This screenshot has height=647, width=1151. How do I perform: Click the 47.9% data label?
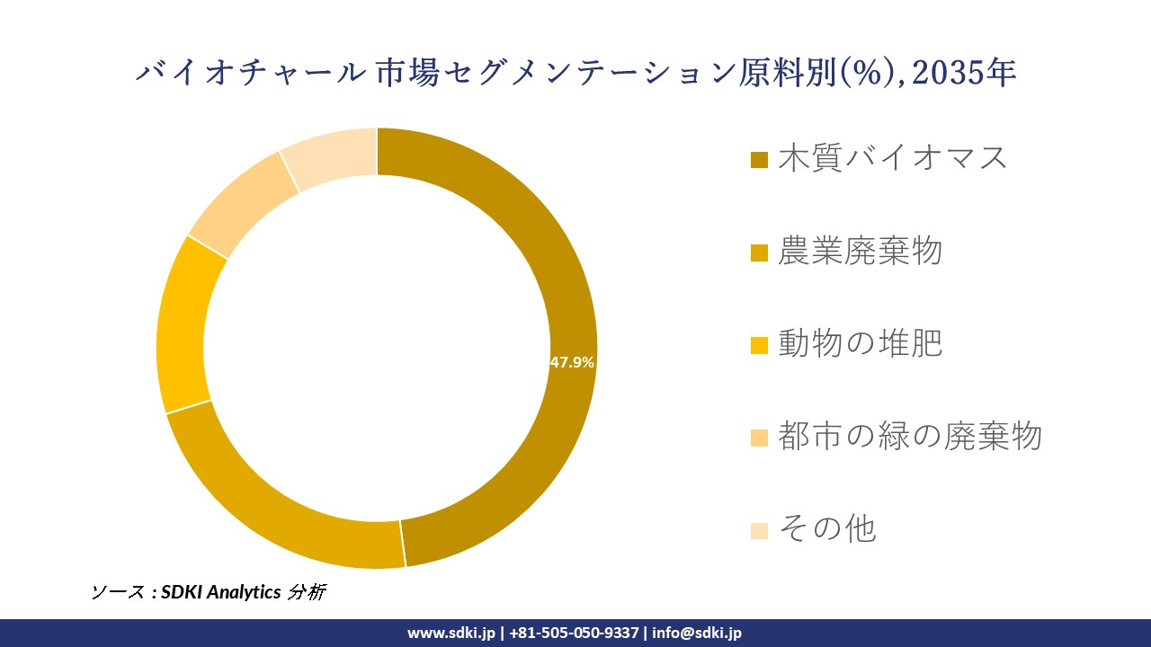click(x=572, y=362)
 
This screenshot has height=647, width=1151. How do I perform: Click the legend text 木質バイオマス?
click(x=893, y=158)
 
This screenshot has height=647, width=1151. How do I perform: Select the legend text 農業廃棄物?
click(x=860, y=252)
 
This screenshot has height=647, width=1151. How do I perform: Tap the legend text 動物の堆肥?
click(x=860, y=343)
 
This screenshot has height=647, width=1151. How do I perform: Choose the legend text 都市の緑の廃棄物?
click(x=909, y=436)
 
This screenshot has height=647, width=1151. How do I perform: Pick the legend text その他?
click(x=826, y=528)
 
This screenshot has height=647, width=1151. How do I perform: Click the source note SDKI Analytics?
click(x=220, y=591)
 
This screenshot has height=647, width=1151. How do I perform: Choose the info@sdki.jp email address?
click(x=697, y=633)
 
